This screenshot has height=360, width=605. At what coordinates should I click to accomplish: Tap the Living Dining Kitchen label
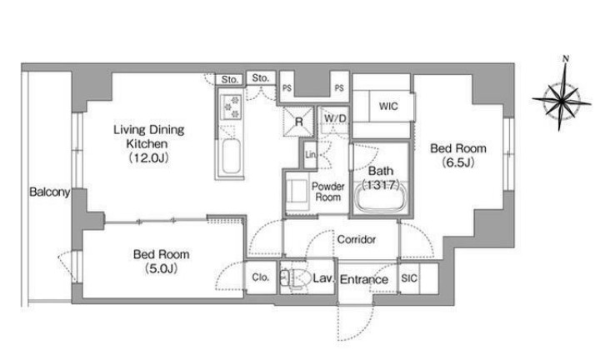(x=148, y=136)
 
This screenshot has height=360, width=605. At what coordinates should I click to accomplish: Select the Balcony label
(x=50, y=192)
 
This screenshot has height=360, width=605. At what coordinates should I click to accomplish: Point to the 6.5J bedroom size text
(x=458, y=162)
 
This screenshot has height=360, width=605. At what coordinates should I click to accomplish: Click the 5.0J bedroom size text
(x=162, y=268)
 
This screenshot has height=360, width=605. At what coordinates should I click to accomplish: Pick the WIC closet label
(x=388, y=106)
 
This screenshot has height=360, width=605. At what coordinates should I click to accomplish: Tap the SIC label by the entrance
(x=409, y=278)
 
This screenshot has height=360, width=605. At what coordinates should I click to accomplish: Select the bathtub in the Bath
(x=381, y=197)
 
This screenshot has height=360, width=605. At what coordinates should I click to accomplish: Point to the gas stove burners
(x=231, y=107)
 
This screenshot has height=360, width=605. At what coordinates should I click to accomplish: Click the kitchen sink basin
(x=231, y=156)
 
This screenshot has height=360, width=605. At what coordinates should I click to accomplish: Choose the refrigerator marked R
(x=298, y=122)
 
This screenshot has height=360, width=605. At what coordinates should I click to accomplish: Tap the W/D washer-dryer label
(x=335, y=118)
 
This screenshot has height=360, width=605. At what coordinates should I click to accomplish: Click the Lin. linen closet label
(x=310, y=155)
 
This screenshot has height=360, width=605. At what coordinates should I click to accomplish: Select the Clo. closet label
(x=261, y=277)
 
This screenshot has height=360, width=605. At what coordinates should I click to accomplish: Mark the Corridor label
(x=356, y=240)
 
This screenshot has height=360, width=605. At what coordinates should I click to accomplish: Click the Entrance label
(x=364, y=279)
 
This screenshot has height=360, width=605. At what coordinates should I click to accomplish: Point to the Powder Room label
(x=328, y=192)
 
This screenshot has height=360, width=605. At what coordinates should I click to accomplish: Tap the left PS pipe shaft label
(x=287, y=88)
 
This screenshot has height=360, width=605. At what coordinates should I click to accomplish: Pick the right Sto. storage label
(x=261, y=78)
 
